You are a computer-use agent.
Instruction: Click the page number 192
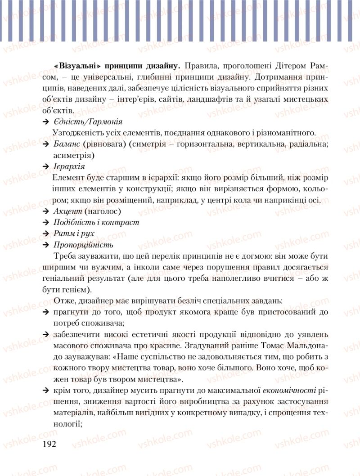pos(49,445)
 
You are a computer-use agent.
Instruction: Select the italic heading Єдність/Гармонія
pos(87,122)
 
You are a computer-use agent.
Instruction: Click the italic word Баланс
pos(67,144)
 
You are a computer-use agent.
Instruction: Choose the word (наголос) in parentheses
pos(103,211)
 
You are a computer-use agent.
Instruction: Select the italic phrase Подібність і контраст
pos(96,222)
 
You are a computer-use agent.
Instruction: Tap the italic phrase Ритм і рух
pos(74,234)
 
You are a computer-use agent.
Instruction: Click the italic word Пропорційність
pos(83,245)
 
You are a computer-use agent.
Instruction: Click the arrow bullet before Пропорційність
pos(45,245)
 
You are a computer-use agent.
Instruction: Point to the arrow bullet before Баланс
pos(45,144)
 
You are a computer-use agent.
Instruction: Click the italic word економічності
pos(292,390)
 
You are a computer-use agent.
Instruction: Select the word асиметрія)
pos(74,155)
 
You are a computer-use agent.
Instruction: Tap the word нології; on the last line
pos(67,423)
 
